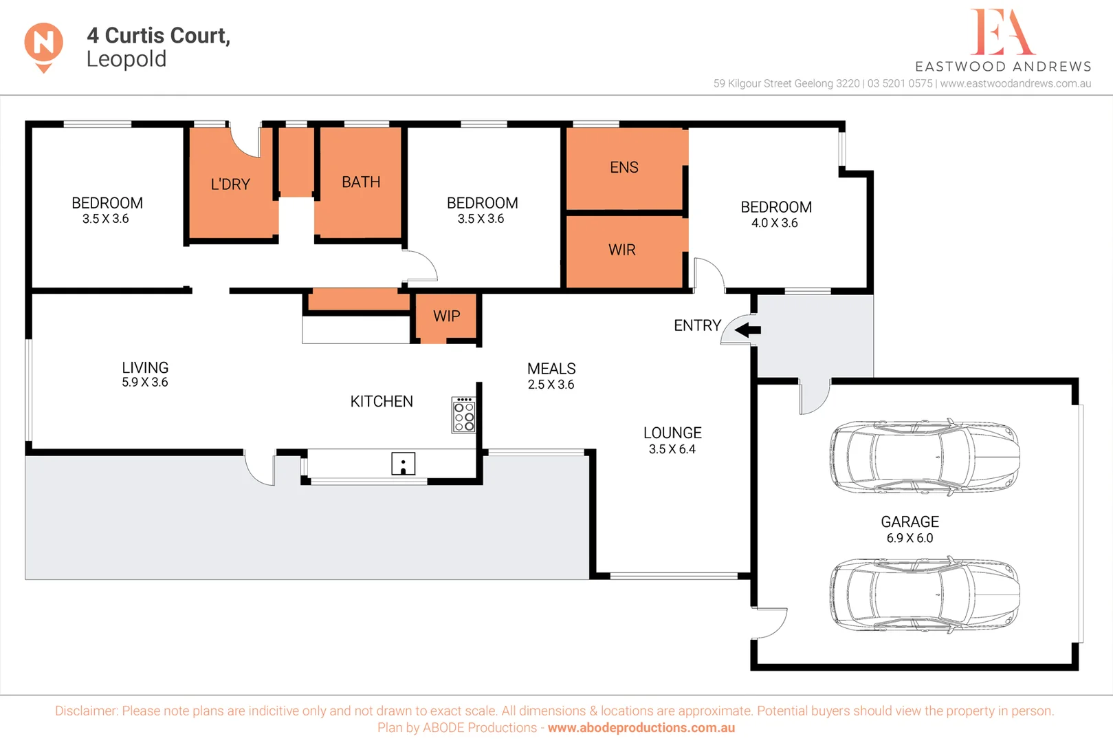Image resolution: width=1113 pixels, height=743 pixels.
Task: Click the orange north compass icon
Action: pyautogui.click(x=43, y=45)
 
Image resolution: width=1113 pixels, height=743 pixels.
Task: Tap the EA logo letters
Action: pyautogui.click(x=1002, y=32)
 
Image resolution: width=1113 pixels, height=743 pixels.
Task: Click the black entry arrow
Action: pyautogui.click(x=747, y=330)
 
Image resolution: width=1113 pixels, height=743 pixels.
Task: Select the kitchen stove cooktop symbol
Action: pyautogui.click(x=464, y=415)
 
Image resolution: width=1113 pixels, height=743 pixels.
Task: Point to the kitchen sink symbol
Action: pyautogui.click(x=403, y=464)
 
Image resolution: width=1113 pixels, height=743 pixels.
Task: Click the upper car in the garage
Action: pyautogui.click(x=924, y=457)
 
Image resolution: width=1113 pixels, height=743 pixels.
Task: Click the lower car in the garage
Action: pyautogui.click(x=924, y=594)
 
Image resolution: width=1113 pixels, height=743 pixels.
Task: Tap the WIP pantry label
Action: pyautogui.click(x=446, y=316)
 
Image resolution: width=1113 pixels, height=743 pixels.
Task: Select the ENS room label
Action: pyautogui.click(x=624, y=168)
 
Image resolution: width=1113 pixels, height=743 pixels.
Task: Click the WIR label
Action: pyautogui.click(x=621, y=250)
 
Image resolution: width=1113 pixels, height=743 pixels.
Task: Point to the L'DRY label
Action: pyautogui.click(x=230, y=185)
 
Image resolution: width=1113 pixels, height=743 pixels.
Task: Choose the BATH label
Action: pyautogui.click(x=361, y=182)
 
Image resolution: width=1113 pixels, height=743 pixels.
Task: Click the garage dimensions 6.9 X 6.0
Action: pyautogui.click(x=910, y=539)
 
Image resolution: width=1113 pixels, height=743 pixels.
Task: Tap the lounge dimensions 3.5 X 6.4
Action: pyautogui.click(x=672, y=449)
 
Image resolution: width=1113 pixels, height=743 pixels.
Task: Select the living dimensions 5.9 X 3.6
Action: pyautogui.click(x=144, y=383)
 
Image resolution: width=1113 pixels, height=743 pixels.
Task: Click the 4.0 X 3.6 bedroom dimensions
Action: pyautogui.click(x=774, y=223)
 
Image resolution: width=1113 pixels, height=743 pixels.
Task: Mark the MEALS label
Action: pyautogui.click(x=551, y=369)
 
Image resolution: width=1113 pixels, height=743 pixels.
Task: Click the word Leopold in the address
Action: pyautogui.click(x=126, y=60)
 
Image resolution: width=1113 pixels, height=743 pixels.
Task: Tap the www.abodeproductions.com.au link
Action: pyautogui.click(x=641, y=728)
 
